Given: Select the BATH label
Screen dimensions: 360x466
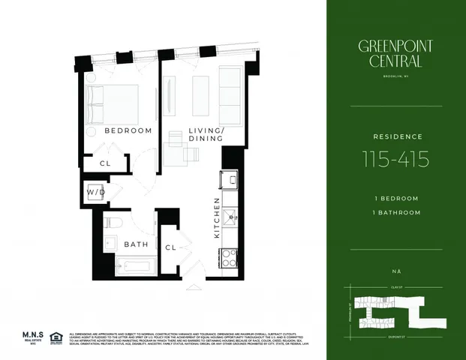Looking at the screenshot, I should tap(136, 244).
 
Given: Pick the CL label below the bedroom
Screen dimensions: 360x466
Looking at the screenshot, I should tap(106, 162).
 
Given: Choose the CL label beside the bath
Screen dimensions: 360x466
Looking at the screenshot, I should tap(170, 247).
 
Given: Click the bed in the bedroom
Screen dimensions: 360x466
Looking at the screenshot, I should tap(112, 103).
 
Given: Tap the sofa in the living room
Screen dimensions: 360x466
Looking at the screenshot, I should tap(228, 90).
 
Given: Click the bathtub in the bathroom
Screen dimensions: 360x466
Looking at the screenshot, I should tap(135, 265).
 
